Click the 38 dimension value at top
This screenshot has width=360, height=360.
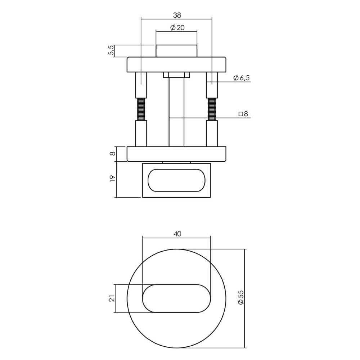point(176,15)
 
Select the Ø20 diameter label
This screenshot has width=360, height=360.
point(176,28)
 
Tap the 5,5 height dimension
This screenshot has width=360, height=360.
point(111,50)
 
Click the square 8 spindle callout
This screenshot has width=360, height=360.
point(243,114)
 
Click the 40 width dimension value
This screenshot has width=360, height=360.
point(176,234)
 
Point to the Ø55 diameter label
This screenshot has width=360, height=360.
point(241,298)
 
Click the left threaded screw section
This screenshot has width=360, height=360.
point(141,109)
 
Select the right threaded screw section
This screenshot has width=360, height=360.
point(212,109)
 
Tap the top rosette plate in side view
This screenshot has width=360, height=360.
point(176,64)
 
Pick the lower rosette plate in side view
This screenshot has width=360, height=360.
point(176,154)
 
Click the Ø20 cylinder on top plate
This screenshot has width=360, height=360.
point(176,51)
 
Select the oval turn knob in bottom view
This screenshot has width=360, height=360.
point(176,298)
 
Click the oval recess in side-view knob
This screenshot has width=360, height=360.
point(176,180)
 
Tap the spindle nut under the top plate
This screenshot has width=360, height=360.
point(176,75)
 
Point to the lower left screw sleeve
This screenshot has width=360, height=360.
point(141,133)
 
